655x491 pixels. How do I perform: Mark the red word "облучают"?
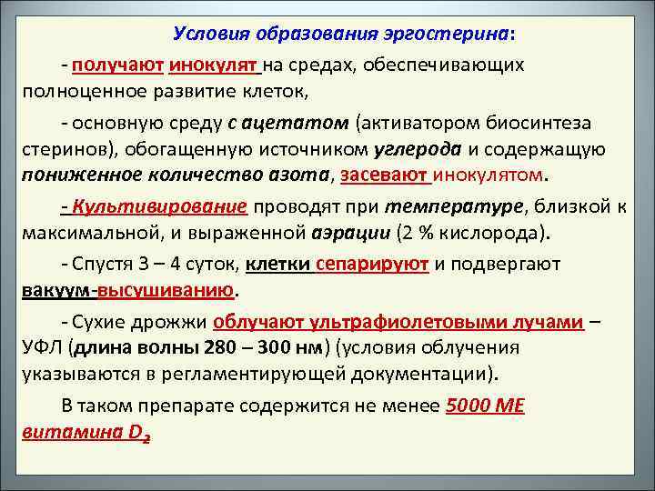tap(258, 323)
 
